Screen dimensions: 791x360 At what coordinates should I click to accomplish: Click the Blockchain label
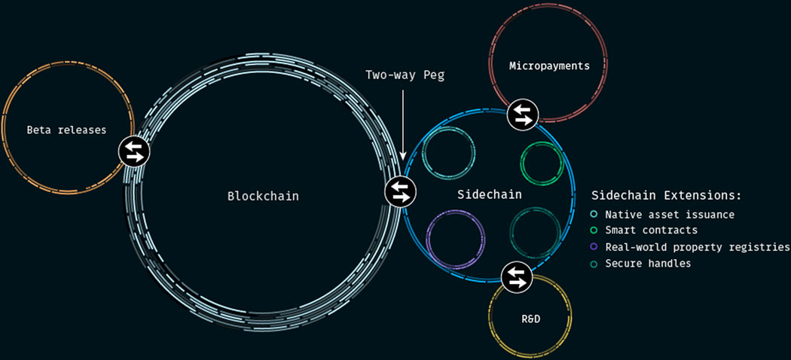click(263, 196)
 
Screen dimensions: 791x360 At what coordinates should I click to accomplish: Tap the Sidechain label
click(490, 194)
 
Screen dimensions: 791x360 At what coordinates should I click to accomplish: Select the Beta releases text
click(66, 130)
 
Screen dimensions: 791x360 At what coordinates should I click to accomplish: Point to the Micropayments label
click(549, 66)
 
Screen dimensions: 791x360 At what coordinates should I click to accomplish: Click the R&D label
click(530, 319)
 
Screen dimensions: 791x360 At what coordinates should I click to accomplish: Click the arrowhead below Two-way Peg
click(402, 155)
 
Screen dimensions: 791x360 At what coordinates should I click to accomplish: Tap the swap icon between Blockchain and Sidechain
click(401, 192)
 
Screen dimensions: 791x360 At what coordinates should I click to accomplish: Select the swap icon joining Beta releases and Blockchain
click(134, 151)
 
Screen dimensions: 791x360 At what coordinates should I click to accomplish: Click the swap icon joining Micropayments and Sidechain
click(523, 114)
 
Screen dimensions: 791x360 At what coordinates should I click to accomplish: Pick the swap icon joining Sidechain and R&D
click(517, 278)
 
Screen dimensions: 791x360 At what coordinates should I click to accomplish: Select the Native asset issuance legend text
click(670, 215)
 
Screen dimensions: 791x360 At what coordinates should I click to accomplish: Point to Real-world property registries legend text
click(698, 247)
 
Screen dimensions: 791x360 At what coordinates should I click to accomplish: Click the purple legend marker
click(594, 246)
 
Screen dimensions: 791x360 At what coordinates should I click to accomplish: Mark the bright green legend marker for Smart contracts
click(594, 230)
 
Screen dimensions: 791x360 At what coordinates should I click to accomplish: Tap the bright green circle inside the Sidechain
click(521, 163)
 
